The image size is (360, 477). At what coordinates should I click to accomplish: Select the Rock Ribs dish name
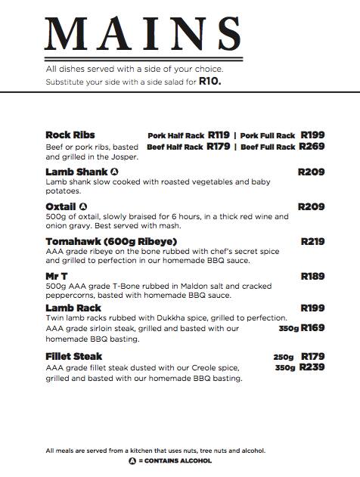[70, 135]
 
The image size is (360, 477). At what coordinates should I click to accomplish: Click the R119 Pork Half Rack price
[219, 135]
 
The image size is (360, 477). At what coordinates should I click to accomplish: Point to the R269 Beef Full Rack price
[312, 147]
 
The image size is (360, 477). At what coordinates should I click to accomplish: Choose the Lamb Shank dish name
[76, 172]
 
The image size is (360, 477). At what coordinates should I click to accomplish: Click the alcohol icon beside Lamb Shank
[114, 172]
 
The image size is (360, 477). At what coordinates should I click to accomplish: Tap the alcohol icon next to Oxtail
[83, 206]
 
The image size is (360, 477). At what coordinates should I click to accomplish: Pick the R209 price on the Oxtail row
[312, 206]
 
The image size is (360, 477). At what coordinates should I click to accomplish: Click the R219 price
[312, 242]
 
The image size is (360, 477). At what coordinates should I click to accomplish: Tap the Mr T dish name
[57, 276]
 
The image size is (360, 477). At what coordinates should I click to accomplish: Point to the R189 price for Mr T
[312, 276]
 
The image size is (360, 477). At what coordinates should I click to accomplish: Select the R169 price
[312, 328]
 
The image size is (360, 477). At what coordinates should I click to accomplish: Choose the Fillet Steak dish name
[74, 356]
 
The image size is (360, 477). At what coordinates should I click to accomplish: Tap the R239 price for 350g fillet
[312, 367]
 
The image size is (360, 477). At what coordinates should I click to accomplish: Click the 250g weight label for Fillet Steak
[283, 357]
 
